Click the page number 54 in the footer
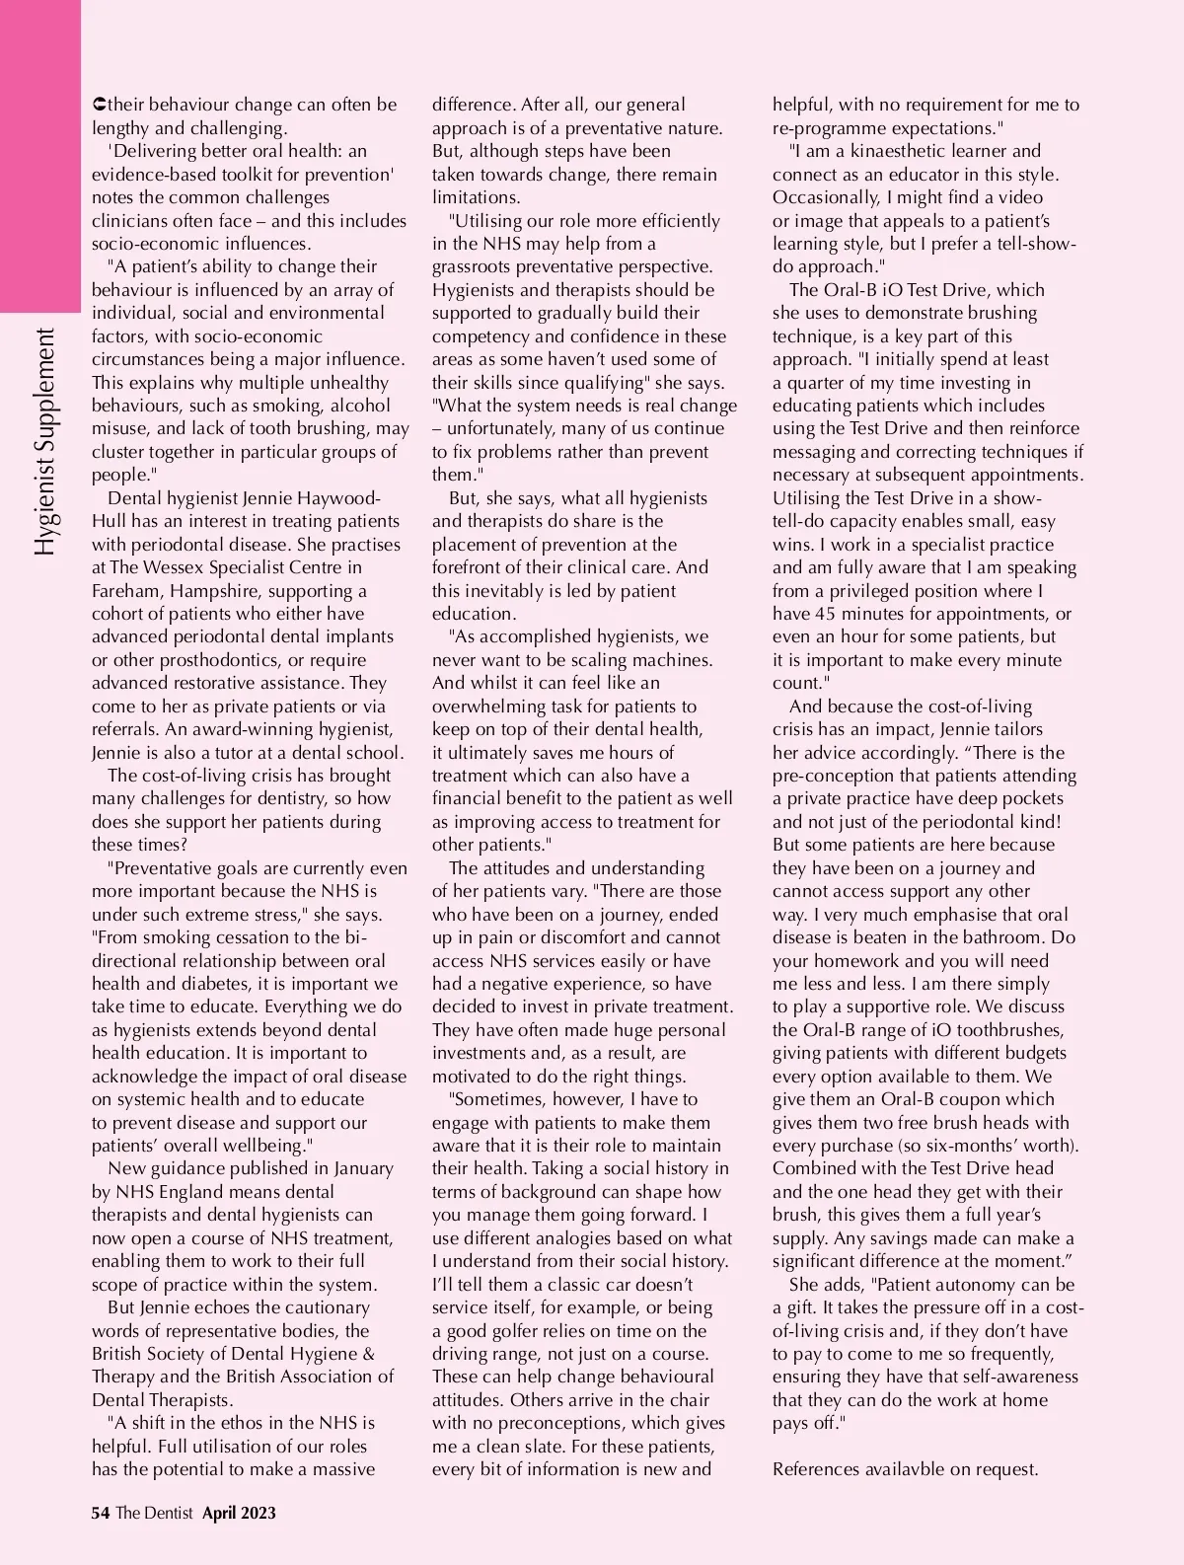100,1513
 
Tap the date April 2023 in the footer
239,1513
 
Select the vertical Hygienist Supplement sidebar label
44,439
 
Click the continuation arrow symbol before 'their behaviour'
97,105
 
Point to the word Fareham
125,591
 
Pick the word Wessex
174,567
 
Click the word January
364,1168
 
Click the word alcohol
360,406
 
